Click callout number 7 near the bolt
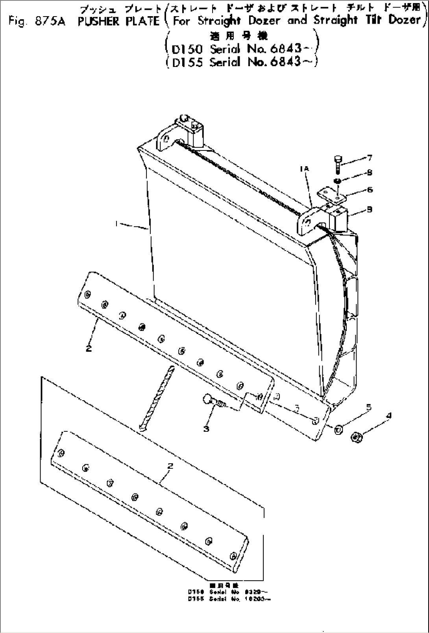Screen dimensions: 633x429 pos(369,158)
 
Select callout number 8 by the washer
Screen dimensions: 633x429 pos(369,173)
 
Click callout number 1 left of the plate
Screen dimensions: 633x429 pos(117,223)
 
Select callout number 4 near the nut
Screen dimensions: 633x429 pos(389,415)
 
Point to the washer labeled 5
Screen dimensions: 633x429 pos(338,429)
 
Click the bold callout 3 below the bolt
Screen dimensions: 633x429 pos(206,429)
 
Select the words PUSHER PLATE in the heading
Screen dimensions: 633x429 pos(118,21)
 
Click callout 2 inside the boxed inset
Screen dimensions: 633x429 pos(170,466)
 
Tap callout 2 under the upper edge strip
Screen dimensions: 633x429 pos(89,348)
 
